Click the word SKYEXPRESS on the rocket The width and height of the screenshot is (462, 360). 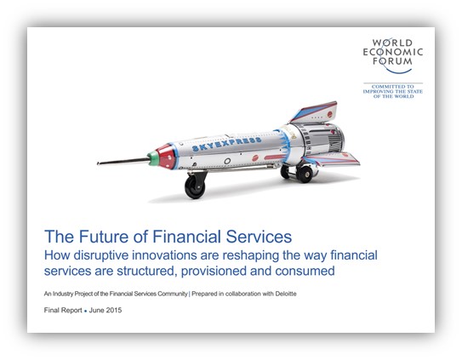tap(226, 144)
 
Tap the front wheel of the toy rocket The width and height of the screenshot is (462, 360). tap(195, 186)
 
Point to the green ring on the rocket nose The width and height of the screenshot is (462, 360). tap(153, 158)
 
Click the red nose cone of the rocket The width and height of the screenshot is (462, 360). tap(167, 157)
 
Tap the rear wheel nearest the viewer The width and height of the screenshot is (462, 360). tap(305, 174)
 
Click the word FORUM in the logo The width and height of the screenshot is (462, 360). tap(392, 61)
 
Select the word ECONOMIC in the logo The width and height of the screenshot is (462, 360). tap(393, 52)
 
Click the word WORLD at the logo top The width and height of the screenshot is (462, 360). tap(392, 43)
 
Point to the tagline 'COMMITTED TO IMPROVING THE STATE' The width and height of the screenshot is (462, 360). tap(393, 89)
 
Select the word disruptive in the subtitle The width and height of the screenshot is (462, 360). tap(100, 255)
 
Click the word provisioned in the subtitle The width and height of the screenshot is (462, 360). tap(214, 271)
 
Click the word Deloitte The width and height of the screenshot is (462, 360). tap(286, 294)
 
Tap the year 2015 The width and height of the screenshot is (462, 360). tap(113, 310)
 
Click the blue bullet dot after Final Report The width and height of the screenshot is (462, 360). tap(85, 311)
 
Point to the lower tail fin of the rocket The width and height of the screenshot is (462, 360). tap(332, 159)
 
